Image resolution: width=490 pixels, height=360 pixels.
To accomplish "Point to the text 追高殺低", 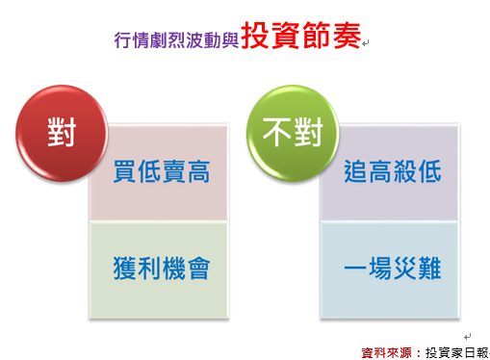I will (x=392, y=172).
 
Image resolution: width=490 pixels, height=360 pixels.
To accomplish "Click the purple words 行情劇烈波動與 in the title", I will (x=175, y=40).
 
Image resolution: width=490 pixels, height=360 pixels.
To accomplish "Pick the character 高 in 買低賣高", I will (x=197, y=172).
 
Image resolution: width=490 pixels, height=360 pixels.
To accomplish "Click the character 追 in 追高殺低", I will (x=356, y=172).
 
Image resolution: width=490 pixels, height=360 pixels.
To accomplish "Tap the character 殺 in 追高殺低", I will (x=404, y=172).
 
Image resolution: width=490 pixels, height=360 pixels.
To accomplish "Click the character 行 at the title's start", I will (x=120, y=40).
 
